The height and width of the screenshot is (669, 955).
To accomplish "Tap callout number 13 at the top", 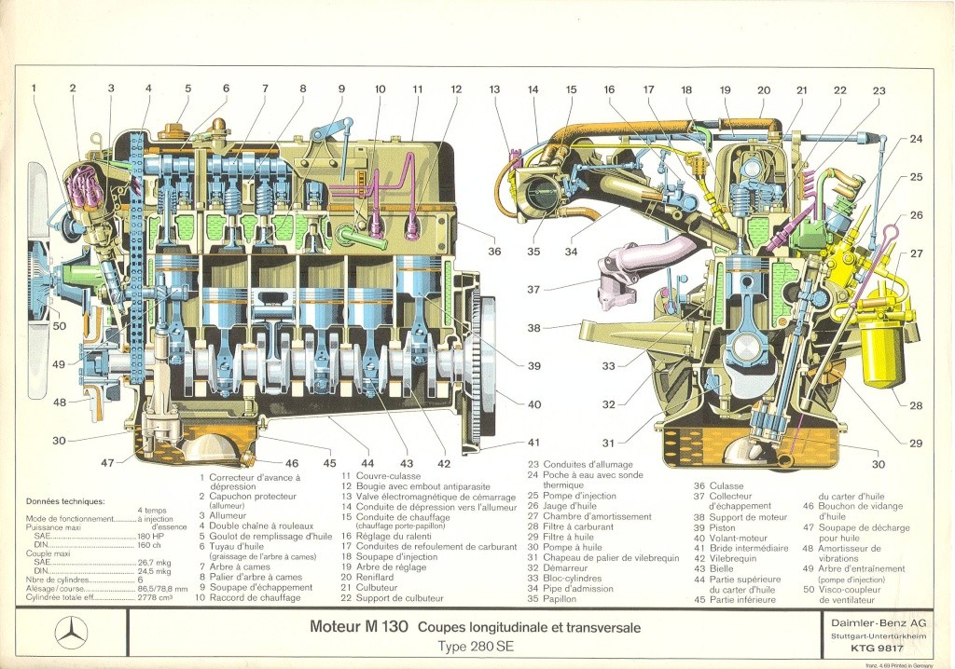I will point(494,89).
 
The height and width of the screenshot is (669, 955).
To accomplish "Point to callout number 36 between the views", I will point(494,252).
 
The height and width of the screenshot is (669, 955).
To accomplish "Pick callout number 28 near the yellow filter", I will point(916,404).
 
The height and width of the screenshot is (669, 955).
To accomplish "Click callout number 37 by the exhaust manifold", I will point(533,290).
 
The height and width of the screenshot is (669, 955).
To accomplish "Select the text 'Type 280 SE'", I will point(477,646).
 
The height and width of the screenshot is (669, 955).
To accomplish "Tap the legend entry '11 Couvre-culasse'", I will point(380,475).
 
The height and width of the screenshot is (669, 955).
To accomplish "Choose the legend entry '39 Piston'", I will point(714,527).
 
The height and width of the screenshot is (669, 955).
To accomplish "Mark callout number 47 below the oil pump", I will point(108,462).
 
